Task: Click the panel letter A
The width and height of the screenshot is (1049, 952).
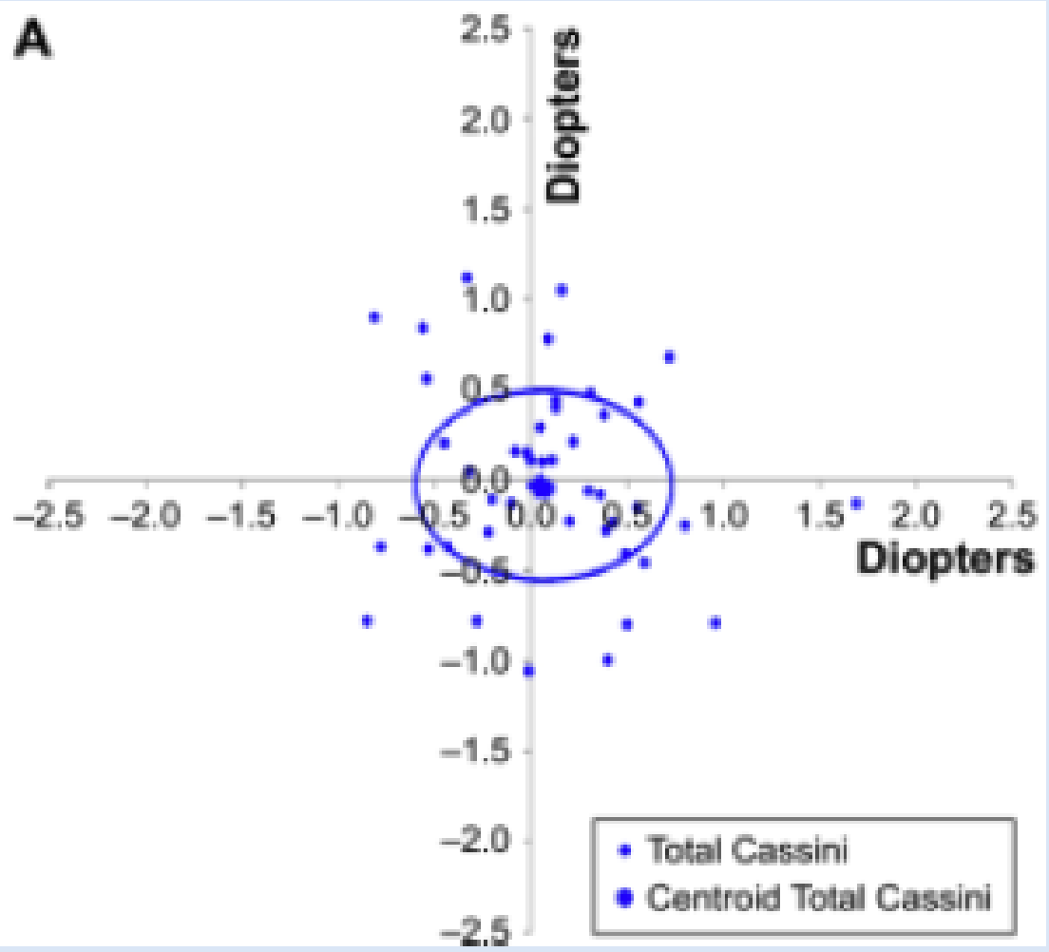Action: point(34,43)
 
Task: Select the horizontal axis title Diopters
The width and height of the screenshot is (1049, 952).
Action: point(945,559)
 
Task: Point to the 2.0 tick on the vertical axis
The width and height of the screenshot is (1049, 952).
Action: point(489,119)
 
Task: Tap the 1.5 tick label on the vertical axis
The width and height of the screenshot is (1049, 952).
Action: point(489,209)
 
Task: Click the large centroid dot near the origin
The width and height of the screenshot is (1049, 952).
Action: point(541,487)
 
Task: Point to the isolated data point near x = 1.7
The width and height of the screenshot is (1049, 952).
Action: point(856,503)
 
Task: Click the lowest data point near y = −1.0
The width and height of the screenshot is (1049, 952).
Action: point(529,671)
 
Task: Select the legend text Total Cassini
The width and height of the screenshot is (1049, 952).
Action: point(746,849)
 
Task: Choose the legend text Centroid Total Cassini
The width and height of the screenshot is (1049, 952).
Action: point(818,896)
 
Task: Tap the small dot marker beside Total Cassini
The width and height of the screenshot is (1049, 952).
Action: point(624,849)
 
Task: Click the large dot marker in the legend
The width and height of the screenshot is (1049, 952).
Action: point(624,896)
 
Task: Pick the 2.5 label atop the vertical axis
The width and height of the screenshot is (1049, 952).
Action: point(489,31)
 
